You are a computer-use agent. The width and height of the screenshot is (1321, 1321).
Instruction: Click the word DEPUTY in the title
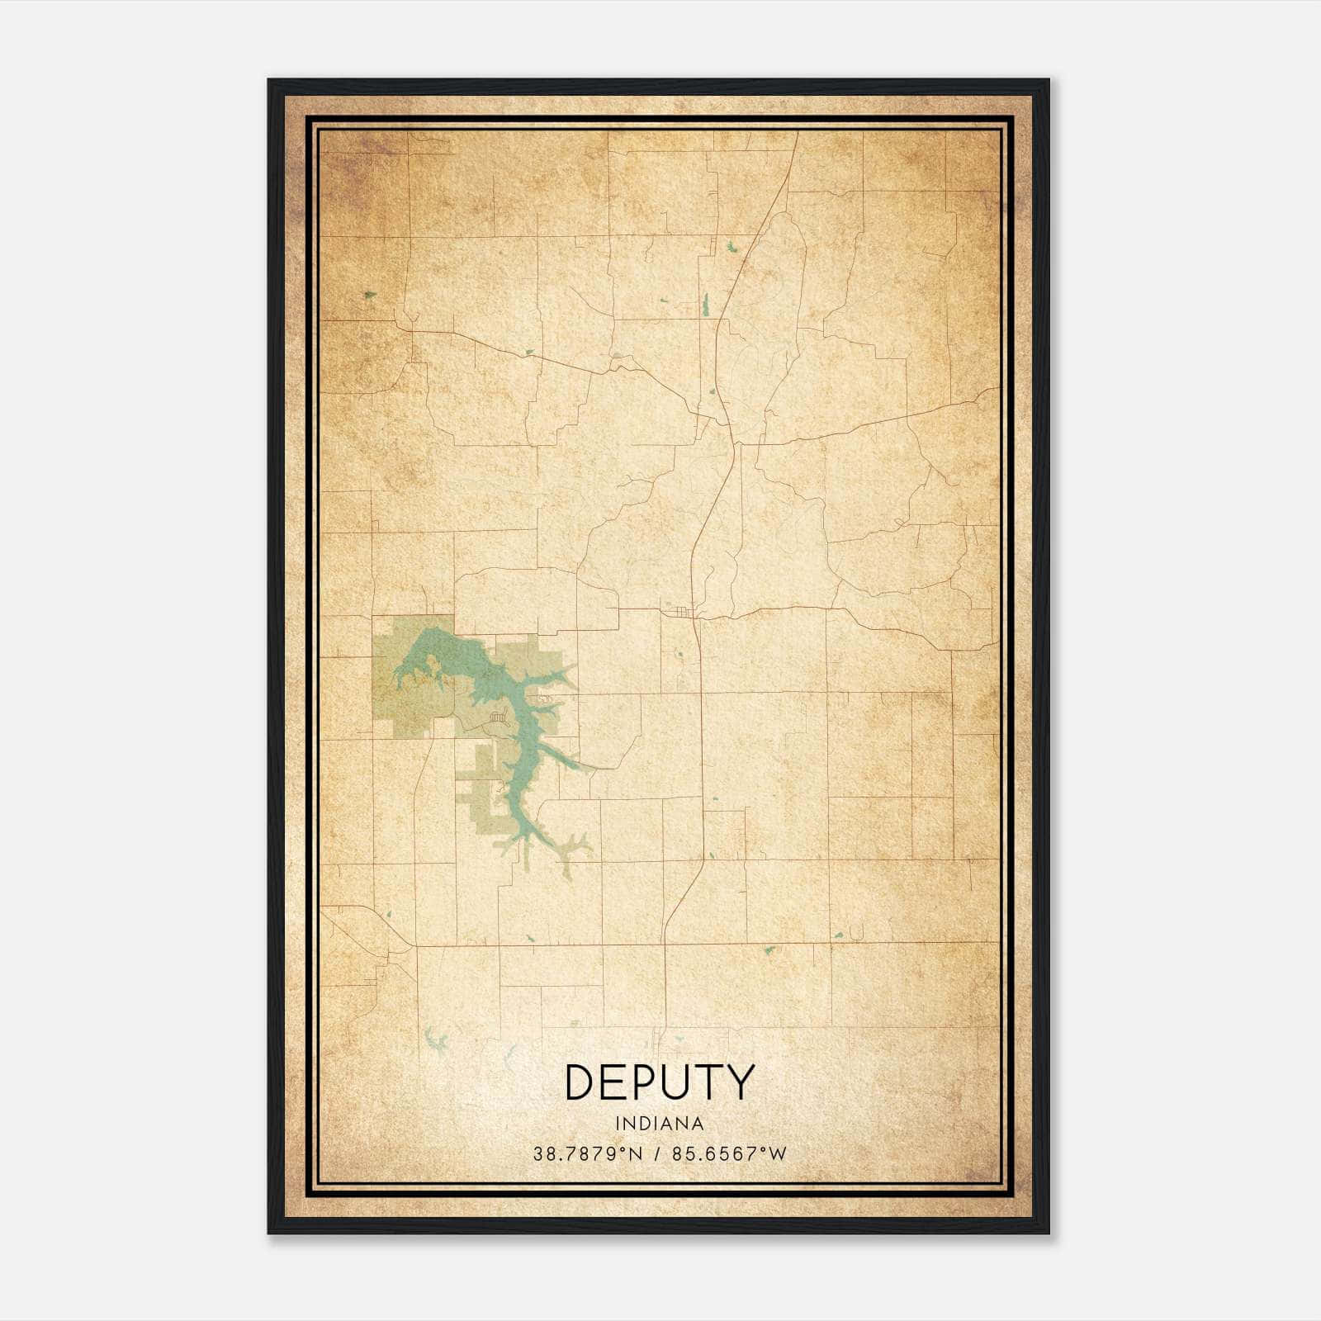click(659, 1082)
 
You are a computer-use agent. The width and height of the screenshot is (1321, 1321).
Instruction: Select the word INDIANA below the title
click(659, 1124)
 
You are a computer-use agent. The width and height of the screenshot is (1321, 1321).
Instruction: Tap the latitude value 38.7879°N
click(587, 1154)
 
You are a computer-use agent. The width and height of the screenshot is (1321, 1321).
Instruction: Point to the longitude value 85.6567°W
click(730, 1154)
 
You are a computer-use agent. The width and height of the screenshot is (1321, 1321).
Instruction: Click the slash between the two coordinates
click(658, 1154)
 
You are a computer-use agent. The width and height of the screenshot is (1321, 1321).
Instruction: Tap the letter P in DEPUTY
click(648, 1082)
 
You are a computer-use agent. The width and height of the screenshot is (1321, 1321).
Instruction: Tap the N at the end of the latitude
click(636, 1154)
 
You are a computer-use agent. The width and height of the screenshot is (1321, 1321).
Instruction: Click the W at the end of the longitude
click(779, 1154)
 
